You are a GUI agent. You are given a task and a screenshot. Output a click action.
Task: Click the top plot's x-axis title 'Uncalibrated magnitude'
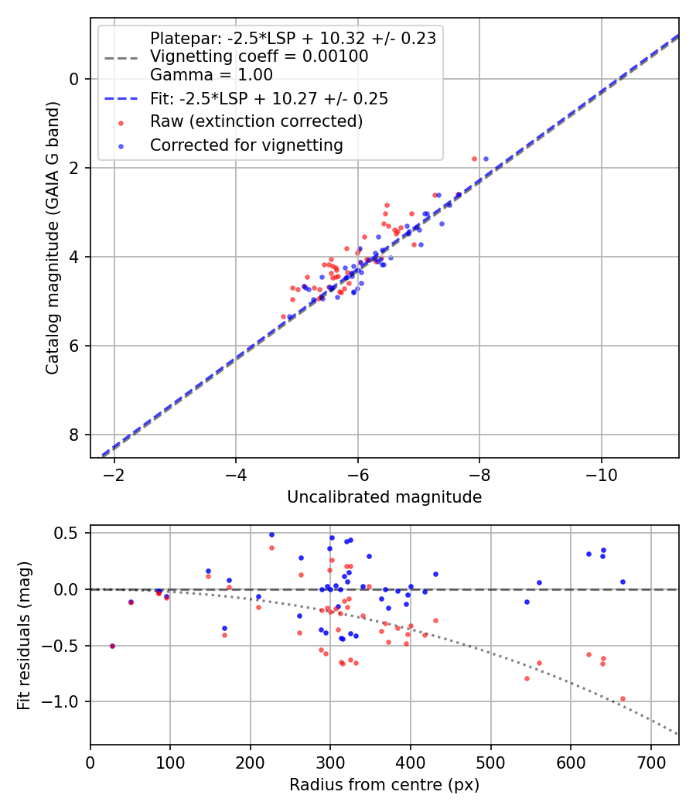click(384, 497)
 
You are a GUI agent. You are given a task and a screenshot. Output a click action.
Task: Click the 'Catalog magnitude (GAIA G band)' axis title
click(52, 237)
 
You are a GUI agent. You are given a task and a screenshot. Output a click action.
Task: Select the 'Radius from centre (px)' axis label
click(384, 785)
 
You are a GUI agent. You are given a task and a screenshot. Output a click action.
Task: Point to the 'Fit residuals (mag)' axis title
click(24, 634)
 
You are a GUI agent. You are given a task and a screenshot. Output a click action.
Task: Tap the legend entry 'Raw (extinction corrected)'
click(256, 121)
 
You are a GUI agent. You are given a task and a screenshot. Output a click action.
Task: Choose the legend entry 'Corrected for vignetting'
click(247, 145)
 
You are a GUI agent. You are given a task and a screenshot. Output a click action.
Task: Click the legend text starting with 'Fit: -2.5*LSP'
click(268, 99)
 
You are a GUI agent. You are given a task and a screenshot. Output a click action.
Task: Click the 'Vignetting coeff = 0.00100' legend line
click(259, 56)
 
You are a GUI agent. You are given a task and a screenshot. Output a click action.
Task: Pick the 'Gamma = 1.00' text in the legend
click(211, 75)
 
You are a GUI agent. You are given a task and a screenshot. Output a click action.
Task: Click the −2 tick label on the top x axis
click(114, 473)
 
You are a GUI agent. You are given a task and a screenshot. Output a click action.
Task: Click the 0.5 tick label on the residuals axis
click(70, 533)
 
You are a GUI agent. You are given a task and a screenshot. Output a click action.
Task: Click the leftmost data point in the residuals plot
click(112, 646)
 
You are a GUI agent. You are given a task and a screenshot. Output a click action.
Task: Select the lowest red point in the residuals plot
click(623, 698)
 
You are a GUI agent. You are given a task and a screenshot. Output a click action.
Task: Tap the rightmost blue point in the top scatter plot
click(486, 159)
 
